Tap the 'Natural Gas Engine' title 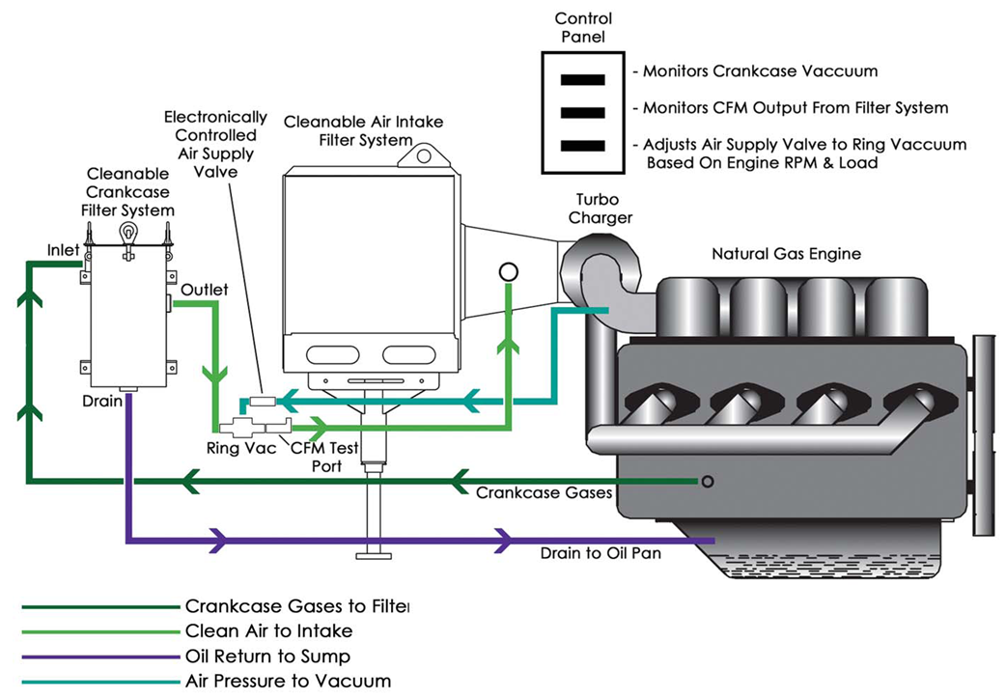pos(786,255)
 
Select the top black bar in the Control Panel pos(583,79)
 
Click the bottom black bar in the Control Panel pos(583,146)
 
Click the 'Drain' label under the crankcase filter pos(102,401)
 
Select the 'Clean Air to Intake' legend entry pos(268,631)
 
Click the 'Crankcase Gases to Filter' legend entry pos(296,607)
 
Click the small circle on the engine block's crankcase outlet pos(708,481)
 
